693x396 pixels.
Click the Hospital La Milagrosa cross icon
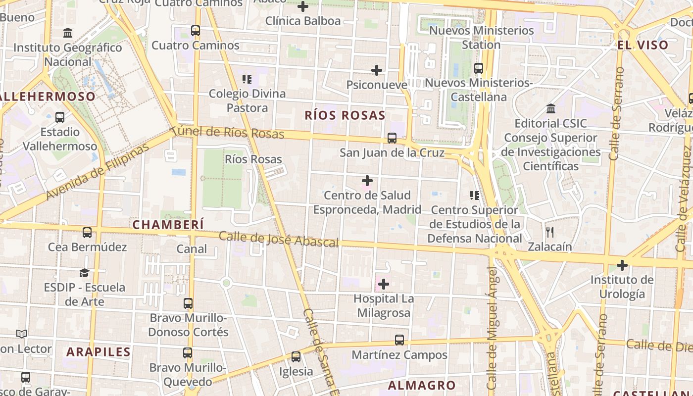(384, 284)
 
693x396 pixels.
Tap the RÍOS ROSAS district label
(345, 115)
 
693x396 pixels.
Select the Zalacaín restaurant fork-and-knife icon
(549, 232)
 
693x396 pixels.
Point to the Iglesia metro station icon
(296, 356)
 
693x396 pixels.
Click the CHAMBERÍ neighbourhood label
(168, 224)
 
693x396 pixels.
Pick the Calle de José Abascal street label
(279, 239)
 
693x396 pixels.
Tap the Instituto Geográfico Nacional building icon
(68, 33)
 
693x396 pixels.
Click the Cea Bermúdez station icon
(87, 232)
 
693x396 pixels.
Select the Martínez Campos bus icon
(399, 340)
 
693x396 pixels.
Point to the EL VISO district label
(643, 45)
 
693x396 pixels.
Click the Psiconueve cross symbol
(377, 70)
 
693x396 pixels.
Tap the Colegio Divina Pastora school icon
(247, 79)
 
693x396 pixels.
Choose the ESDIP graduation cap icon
(85, 273)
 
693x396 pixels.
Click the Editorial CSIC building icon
(550, 108)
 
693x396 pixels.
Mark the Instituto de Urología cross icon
(622, 265)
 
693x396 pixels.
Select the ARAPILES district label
(99, 352)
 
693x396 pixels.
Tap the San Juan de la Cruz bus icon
(392, 138)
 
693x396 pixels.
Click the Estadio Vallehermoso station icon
(60, 117)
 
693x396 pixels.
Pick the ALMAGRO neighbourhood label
(422, 385)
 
